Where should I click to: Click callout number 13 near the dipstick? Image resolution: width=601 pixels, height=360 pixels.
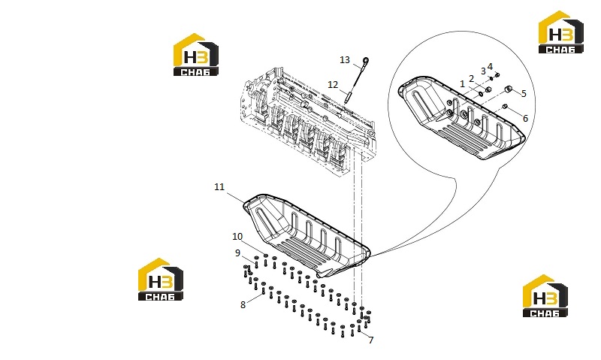[345, 60]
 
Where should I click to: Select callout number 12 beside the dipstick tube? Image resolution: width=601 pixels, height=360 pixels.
[333, 84]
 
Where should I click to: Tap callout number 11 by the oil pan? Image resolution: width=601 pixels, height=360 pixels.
[219, 186]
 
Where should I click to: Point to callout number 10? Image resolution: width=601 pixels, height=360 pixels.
[237, 237]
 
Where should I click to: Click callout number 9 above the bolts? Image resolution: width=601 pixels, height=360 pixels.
[237, 253]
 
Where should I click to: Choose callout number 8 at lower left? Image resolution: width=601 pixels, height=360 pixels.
[243, 305]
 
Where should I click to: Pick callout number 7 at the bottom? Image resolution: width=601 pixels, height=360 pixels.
[371, 340]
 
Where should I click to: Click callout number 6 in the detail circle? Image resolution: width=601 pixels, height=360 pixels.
[525, 119]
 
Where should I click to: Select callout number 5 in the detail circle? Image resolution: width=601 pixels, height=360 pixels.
[524, 93]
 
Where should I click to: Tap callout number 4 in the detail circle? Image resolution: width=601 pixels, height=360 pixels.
[491, 67]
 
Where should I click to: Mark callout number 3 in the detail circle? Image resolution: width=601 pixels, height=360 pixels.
[483, 71]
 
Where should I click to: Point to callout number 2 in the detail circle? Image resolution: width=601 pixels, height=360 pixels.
[472, 79]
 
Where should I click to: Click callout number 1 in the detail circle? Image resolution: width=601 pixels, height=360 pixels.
[462, 83]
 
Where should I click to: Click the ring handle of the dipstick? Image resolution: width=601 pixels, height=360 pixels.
[366, 61]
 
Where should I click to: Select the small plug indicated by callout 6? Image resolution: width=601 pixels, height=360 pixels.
[505, 106]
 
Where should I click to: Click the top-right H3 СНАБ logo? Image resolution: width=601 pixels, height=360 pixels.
[561, 32]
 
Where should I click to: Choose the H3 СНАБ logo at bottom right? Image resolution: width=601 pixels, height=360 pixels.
[545, 295]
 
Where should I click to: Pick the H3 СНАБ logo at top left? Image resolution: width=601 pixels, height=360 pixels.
[196, 54]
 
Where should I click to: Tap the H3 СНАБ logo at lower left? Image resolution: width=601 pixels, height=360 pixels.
[161, 279]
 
